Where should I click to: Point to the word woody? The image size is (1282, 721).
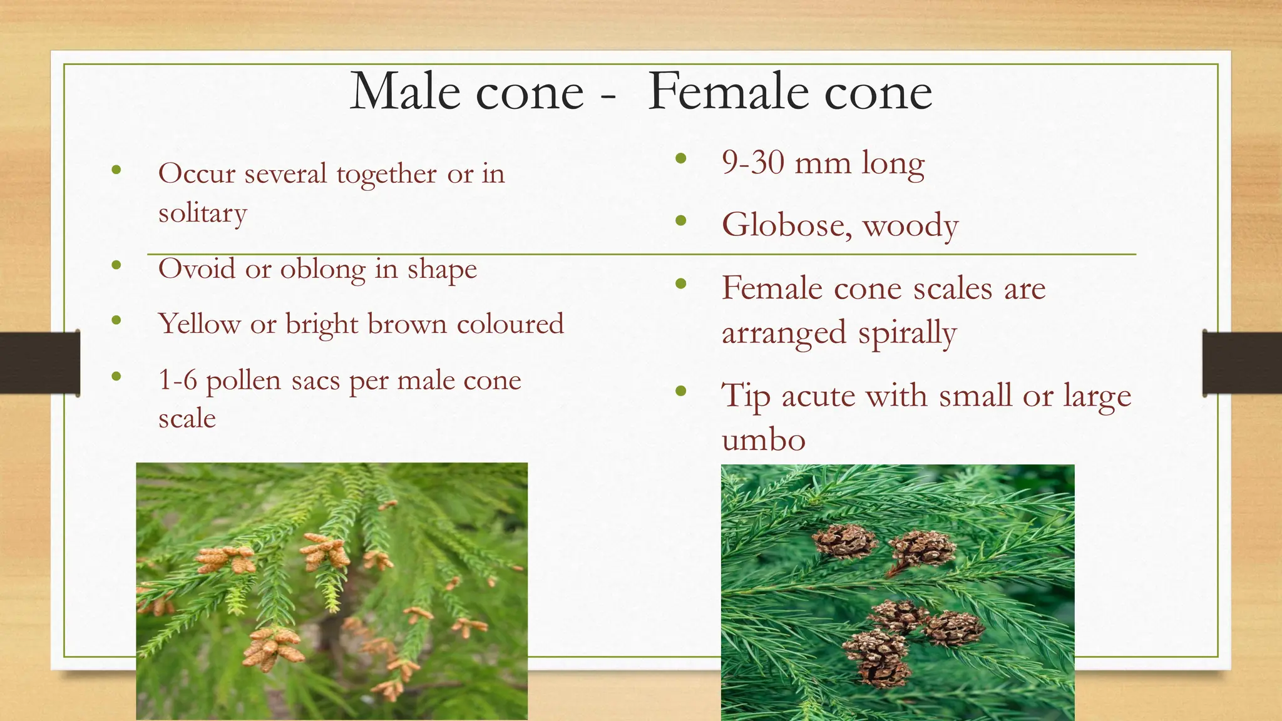pos(911,227)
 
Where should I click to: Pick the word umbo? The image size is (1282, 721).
pos(763,440)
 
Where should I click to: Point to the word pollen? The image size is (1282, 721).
pos(243,382)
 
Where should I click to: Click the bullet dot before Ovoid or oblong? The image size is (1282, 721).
pos(116,265)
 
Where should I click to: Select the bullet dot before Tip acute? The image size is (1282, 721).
pos(681,392)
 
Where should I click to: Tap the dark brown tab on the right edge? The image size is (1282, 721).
pos(1242,363)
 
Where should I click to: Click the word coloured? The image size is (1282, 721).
pos(510,324)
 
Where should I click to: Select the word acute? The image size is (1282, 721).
pos(818,396)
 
